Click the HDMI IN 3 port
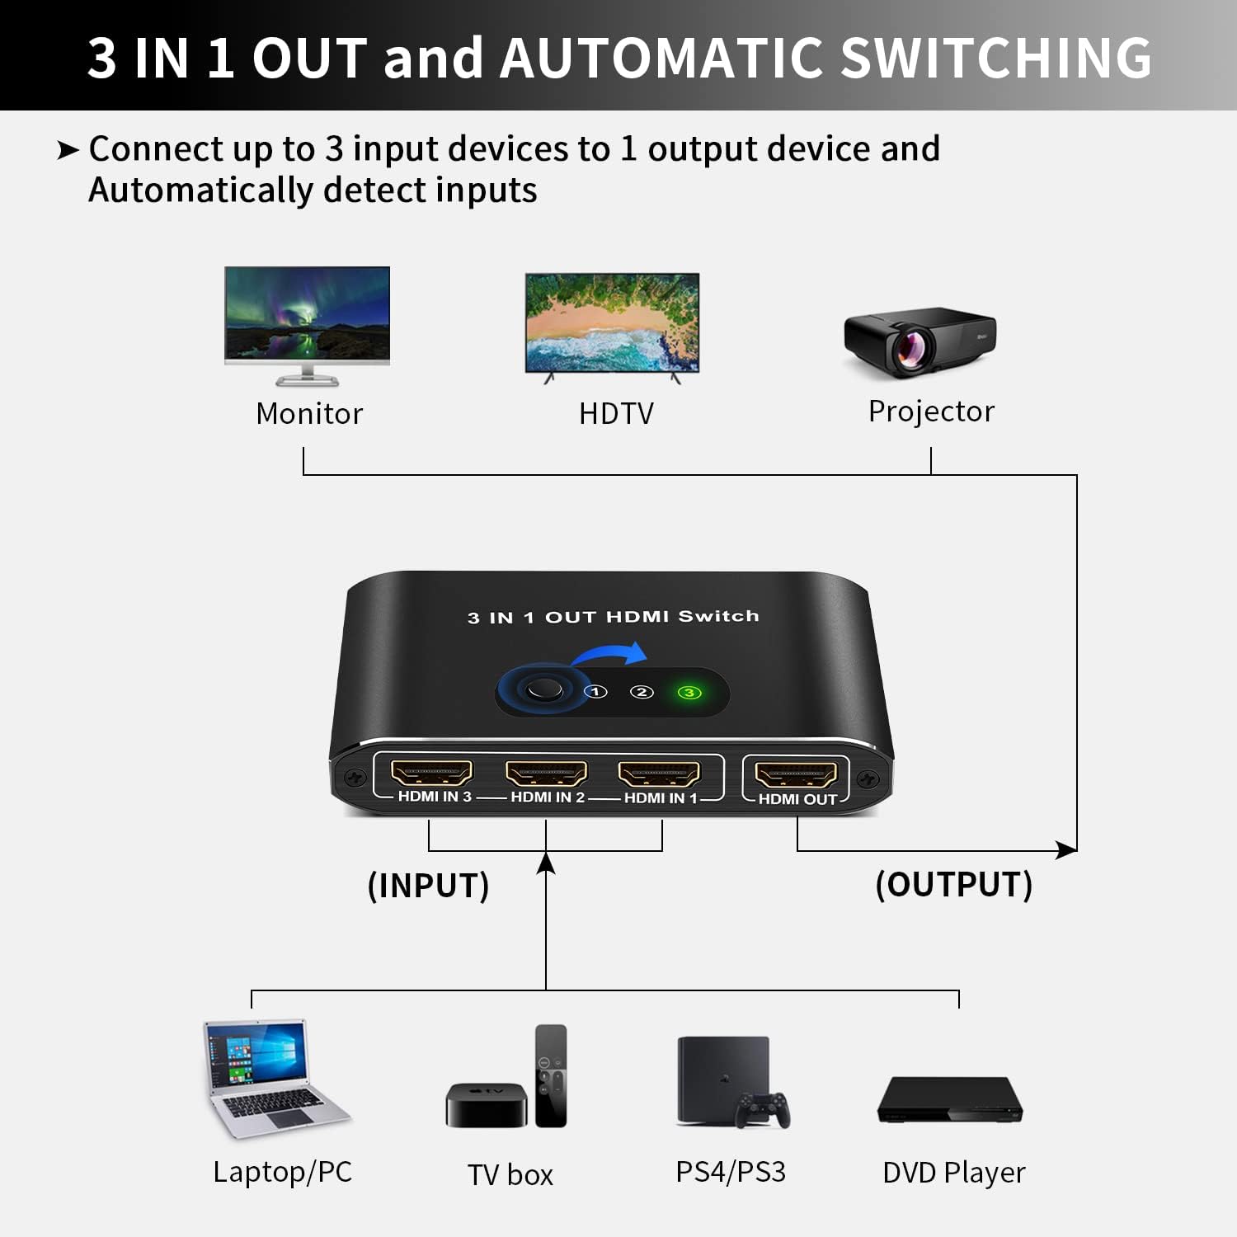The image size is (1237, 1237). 431,773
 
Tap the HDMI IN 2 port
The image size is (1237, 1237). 546,774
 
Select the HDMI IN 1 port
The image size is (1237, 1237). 659,774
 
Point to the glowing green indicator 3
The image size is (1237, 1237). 689,693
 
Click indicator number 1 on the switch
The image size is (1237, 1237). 596,692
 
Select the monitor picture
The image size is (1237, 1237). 307,326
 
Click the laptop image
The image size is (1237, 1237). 274,1079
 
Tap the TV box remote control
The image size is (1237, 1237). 551,1075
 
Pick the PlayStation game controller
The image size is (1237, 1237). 763,1109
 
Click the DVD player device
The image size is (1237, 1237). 950,1099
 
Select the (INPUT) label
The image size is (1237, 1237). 428,886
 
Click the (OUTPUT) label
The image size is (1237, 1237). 954,884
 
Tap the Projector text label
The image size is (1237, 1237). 931,412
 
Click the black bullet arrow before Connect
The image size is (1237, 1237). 68,150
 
